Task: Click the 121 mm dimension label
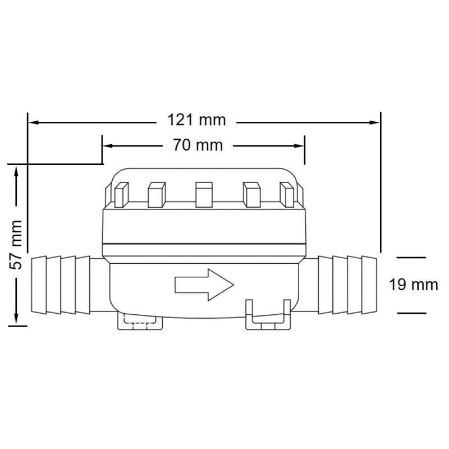[x=196, y=120]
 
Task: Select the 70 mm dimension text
[x=198, y=145]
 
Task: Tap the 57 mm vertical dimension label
[x=16, y=245]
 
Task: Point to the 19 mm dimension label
[x=414, y=285]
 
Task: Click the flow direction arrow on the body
[x=204, y=285]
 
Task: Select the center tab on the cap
[x=204, y=195]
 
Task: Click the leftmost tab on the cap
[x=121, y=195]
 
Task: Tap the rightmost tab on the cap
[x=287, y=195]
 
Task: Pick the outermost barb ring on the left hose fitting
[x=39, y=285]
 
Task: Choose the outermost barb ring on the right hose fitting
[x=369, y=285]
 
